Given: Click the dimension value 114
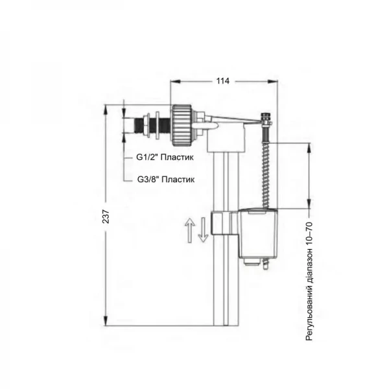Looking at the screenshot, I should click(223, 81).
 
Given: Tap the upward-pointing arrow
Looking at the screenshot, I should click(190, 230).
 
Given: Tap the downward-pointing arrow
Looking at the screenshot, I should click(203, 230).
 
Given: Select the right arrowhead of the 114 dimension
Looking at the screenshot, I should click(274, 81).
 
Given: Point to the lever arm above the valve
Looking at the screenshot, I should click(233, 117).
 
